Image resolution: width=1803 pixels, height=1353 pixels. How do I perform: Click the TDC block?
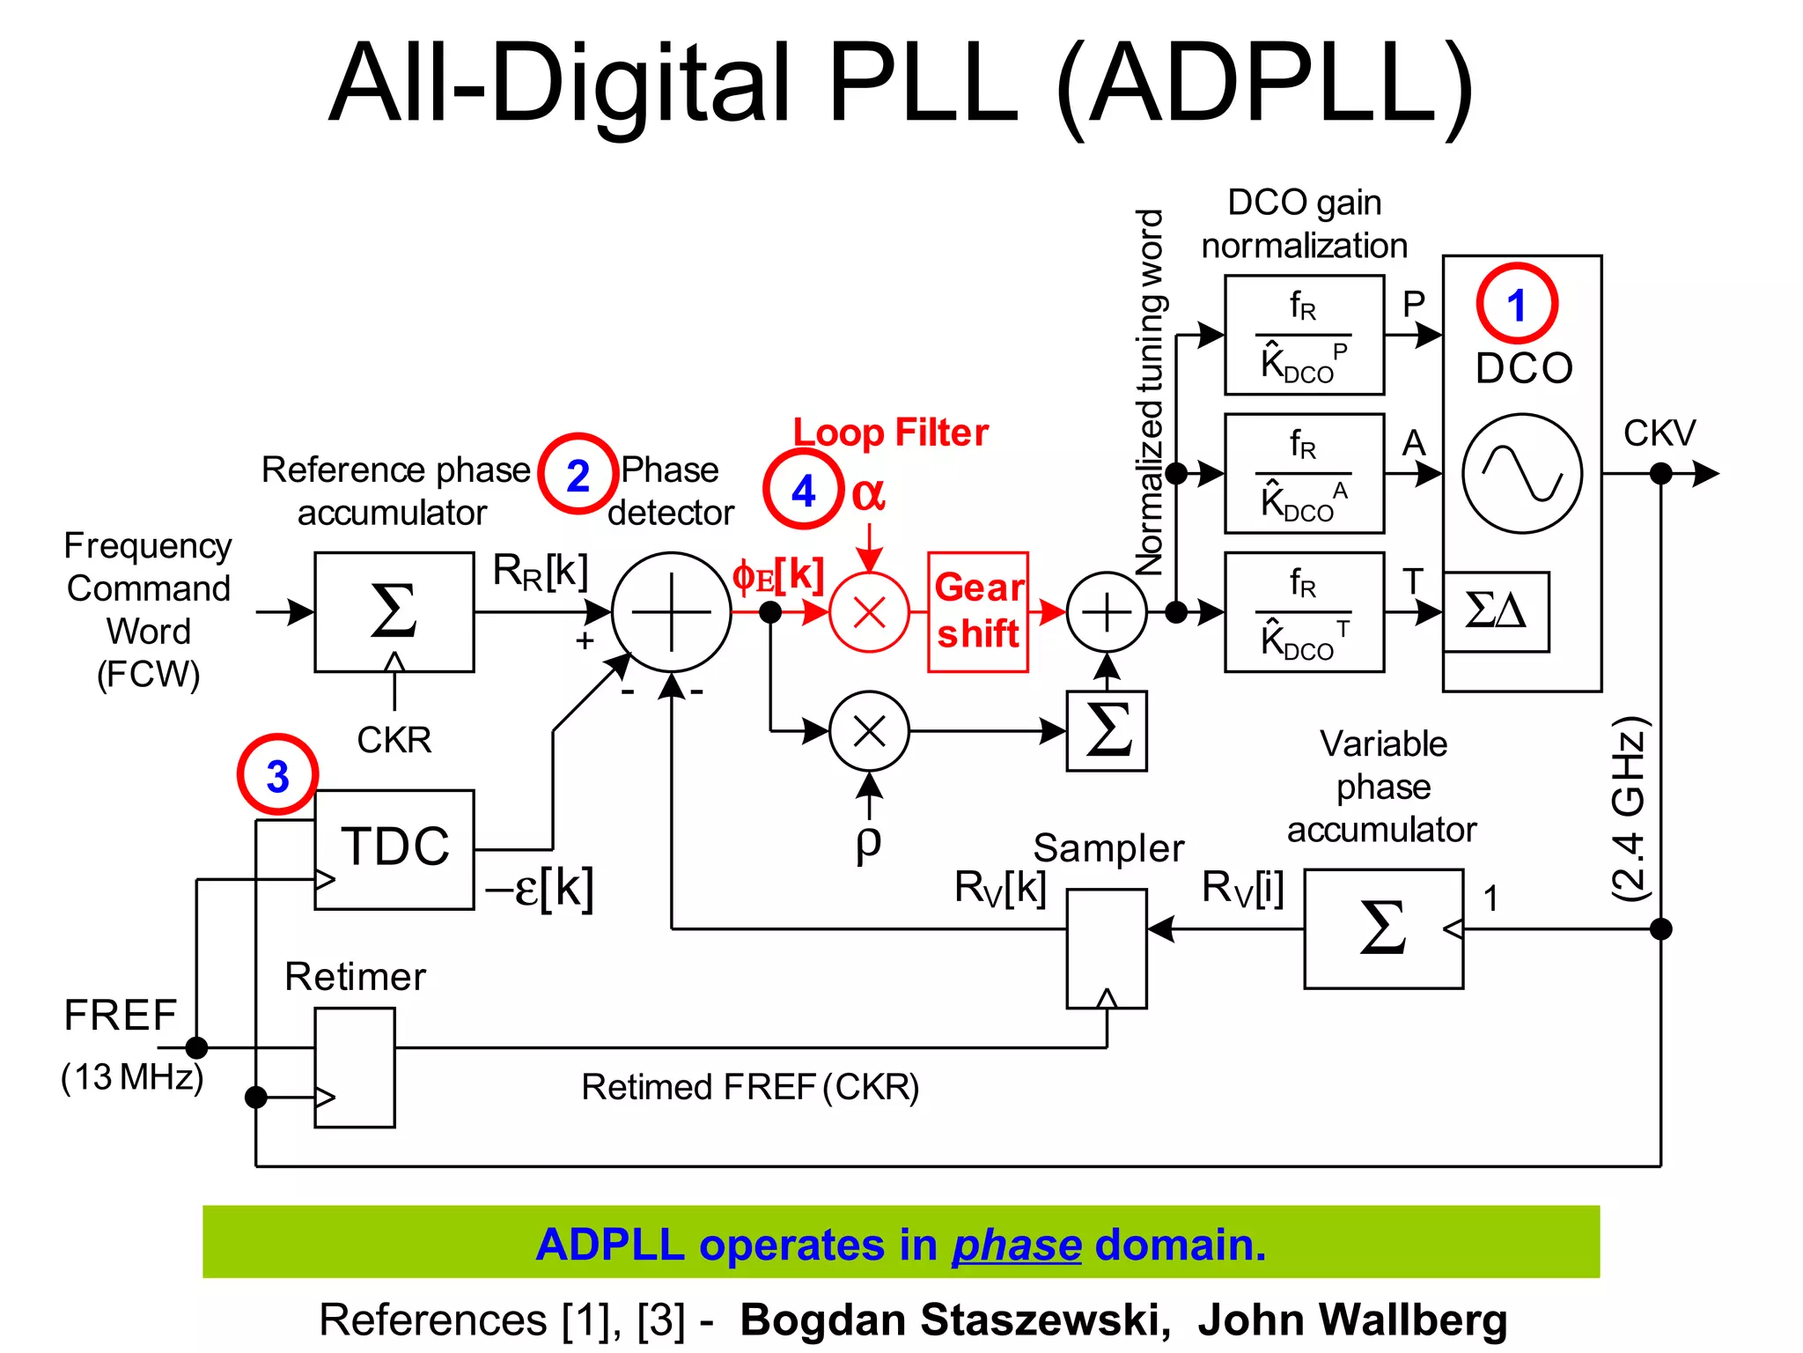click(x=394, y=849)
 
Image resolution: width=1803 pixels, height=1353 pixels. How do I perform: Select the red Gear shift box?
click(x=978, y=612)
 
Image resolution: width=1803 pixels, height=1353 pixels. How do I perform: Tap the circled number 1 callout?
click(x=1516, y=304)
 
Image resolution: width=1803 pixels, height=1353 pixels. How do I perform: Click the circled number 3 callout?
click(x=277, y=775)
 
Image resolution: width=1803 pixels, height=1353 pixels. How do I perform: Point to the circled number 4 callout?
click(x=803, y=490)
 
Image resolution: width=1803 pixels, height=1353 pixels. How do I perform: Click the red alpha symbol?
click(x=868, y=493)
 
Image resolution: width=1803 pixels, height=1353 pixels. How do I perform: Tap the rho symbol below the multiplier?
click(x=868, y=841)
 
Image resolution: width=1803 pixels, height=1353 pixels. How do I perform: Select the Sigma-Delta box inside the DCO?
click(x=1496, y=611)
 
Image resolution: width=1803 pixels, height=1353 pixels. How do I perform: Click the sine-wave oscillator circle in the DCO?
click(x=1522, y=474)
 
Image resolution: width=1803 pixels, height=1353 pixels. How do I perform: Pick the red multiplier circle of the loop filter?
click(x=869, y=612)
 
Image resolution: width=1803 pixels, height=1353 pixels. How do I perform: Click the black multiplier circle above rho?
click(x=869, y=731)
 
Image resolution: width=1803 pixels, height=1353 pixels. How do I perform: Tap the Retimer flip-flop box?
click(x=355, y=1068)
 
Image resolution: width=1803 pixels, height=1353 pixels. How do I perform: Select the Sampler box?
click(x=1106, y=949)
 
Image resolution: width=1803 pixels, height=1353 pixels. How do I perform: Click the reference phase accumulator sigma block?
click(x=394, y=612)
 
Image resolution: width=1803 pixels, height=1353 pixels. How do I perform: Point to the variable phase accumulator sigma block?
click(x=1383, y=929)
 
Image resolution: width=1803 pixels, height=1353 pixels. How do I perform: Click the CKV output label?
click(x=1659, y=433)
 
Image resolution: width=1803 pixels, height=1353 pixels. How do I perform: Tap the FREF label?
click(x=121, y=1015)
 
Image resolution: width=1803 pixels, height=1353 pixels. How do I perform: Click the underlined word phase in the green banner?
click(x=1016, y=1245)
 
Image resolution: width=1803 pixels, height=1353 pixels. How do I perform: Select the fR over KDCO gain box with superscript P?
click(x=1304, y=336)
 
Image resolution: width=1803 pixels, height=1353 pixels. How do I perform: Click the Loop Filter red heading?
click(x=891, y=433)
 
